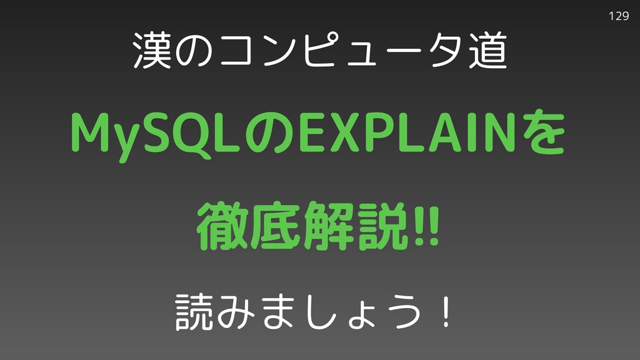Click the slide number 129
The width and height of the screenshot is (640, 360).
618,16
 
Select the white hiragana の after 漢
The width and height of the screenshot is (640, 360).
194,51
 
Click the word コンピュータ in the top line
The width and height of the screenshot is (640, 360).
341,51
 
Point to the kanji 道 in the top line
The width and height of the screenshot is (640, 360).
487,51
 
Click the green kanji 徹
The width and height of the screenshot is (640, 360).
222,225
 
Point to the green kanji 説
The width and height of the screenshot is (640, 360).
382,225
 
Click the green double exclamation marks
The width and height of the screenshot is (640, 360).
426,225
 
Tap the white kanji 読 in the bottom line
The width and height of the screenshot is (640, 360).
194,312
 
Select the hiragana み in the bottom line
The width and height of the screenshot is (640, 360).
236,312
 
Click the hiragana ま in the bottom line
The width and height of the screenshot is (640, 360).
278,312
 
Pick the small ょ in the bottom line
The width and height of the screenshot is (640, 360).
362,317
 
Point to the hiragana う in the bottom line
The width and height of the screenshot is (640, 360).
402,312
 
